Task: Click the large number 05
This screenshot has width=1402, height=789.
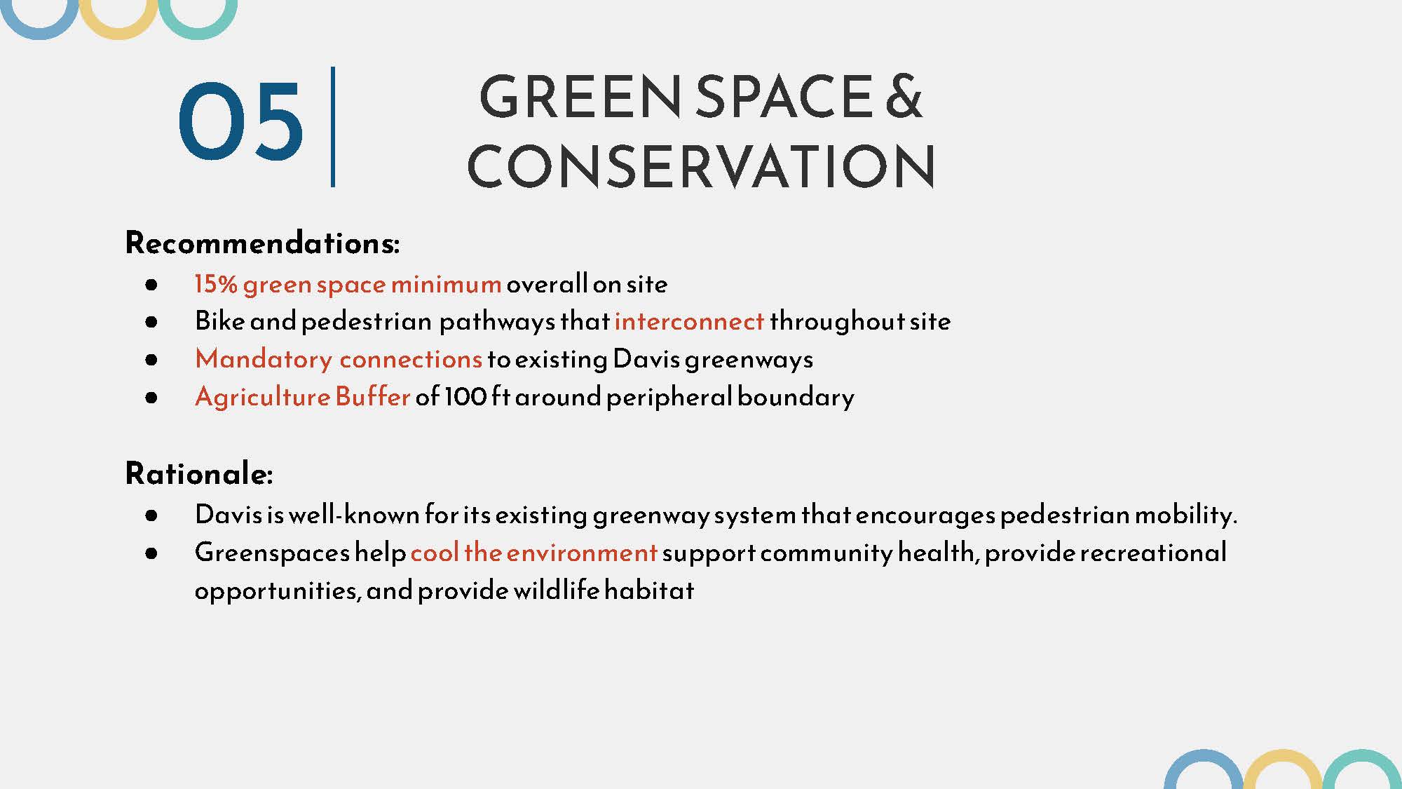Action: [240, 121]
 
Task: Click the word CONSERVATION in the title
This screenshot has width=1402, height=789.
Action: [701, 166]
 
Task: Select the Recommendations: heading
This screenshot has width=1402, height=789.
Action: [262, 243]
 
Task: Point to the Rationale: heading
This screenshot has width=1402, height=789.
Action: [199, 473]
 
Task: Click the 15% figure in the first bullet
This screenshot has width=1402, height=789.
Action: [216, 284]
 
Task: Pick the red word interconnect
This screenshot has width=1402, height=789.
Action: [689, 321]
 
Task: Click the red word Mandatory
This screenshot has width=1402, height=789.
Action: [264, 359]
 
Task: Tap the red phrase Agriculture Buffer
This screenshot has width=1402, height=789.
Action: [302, 397]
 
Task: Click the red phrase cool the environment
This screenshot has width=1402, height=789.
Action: [533, 553]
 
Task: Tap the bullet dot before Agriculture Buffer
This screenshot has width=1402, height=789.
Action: [151, 398]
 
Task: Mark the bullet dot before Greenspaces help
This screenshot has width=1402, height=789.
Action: [151, 553]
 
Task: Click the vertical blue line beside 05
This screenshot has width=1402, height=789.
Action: [333, 127]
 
